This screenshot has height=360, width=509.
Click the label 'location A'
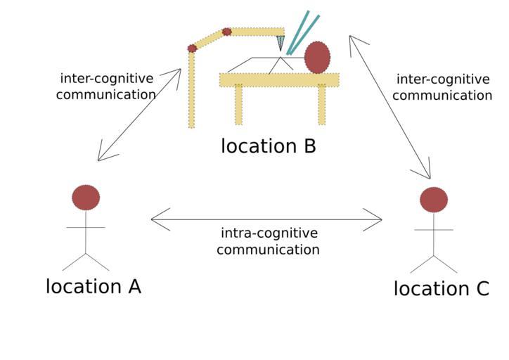(x=94, y=287)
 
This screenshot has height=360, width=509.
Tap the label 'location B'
(x=268, y=146)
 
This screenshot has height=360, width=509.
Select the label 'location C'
(x=441, y=289)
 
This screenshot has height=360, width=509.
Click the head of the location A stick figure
(x=86, y=198)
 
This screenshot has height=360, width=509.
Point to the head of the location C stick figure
(x=434, y=200)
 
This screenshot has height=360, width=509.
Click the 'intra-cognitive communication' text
(x=268, y=241)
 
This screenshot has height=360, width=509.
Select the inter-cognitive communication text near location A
(x=106, y=86)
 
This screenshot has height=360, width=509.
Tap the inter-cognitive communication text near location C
(x=442, y=87)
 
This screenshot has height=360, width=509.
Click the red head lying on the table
(x=317, y=57)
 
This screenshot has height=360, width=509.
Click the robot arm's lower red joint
(x=192, y=49)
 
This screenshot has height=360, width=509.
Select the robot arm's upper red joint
(x=226, y=32)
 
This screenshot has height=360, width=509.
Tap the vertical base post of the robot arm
(x=191, y=91)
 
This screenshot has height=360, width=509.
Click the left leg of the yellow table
(x=238, y=105)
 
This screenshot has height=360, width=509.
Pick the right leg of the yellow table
(x=322, y=105)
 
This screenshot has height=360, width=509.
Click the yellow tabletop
(x=278, y=80)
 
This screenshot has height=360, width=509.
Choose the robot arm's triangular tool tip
(x=281, y=43)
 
